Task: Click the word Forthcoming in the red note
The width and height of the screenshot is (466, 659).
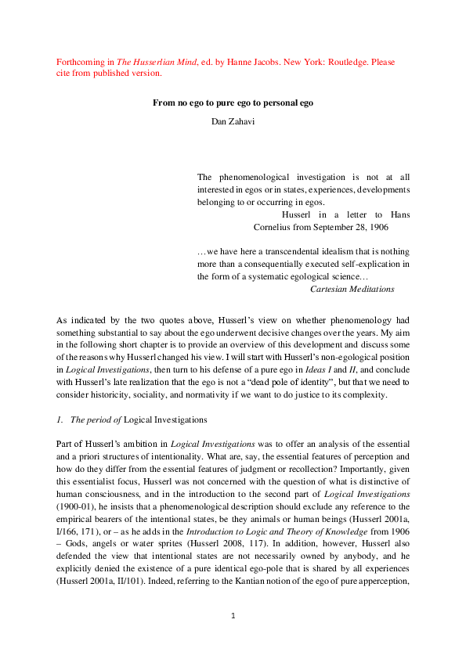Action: [79, 62]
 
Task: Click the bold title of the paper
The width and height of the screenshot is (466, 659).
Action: [233, 102]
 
